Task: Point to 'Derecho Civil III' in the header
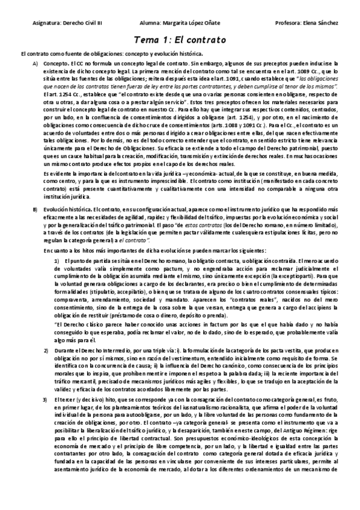[x=72, y=23]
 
